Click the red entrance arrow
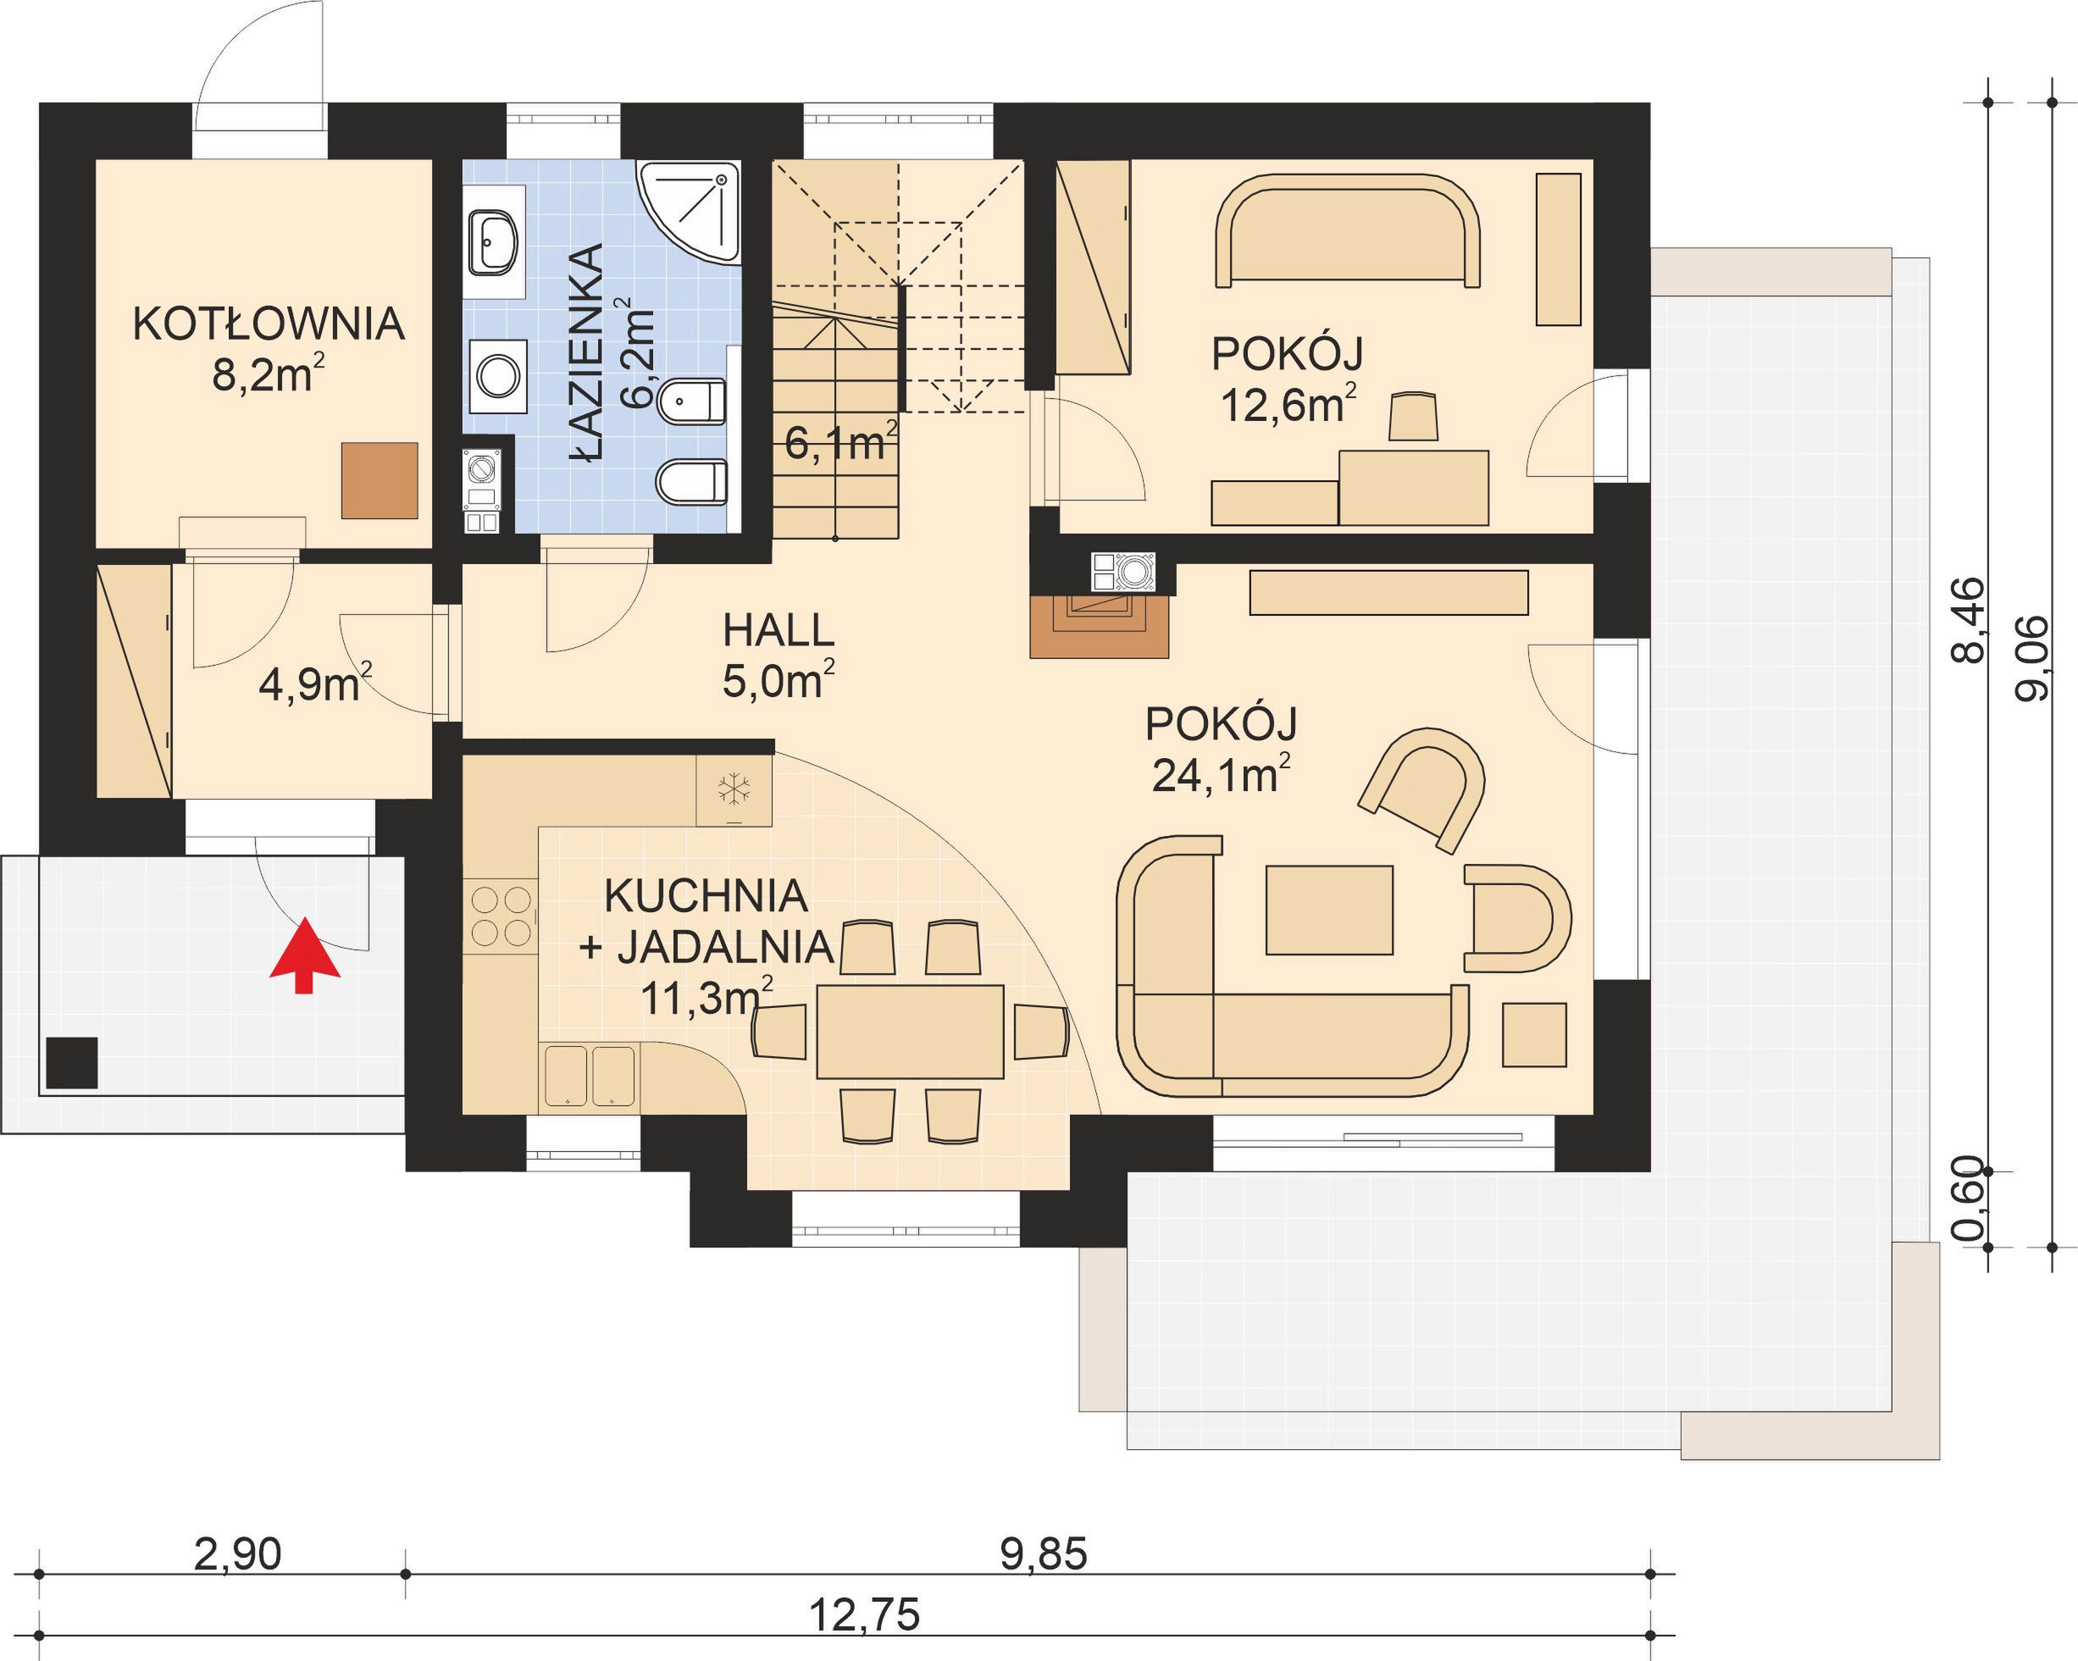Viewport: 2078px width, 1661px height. point(305,955)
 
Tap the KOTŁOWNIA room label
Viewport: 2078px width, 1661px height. point(268,324)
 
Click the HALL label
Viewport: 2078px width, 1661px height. point(778,630)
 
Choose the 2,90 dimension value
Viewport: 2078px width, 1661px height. point(237,1554)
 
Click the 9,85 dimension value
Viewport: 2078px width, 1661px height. point(1044,1554)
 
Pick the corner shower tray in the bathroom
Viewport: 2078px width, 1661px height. point(691,212)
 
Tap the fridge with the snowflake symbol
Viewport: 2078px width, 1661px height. point(734,790)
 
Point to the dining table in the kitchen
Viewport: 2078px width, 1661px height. point(910,1032)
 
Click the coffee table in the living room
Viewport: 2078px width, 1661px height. point(1329,911)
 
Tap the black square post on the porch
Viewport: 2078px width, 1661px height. point(71,1063)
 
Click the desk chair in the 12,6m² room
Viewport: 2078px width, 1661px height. point(1414,416)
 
